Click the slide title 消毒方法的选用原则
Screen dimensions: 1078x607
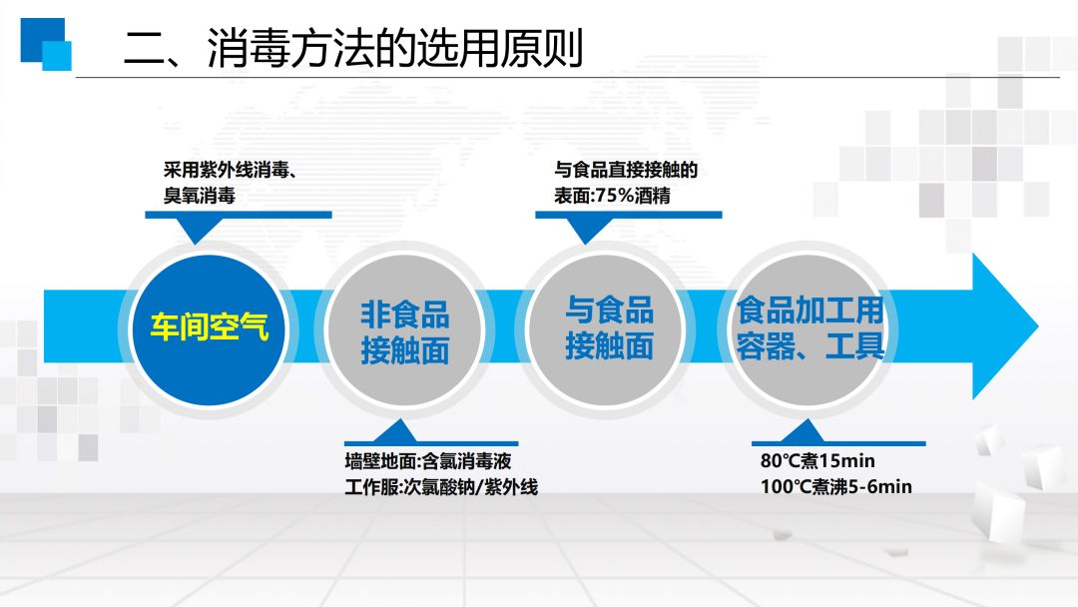click(x=394, y=48)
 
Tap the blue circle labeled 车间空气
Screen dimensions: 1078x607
click(x=209, y=328)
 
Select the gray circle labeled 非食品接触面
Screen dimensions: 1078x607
click(x=404, y=330)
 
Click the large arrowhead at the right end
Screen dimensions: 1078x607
click(x=1004, y=325)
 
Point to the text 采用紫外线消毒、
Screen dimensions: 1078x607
click(x=231, y=170)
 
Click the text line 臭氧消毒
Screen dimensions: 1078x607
click(x=200, y=196)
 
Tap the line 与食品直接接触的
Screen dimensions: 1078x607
click(x=626, y=170)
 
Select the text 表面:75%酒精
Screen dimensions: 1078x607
click(x=612, y=196)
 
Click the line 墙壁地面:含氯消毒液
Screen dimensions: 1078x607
click(x=427, y=460)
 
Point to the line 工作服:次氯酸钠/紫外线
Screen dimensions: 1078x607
click(x=441, y=487)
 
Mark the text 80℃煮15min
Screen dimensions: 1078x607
click(x=817, y=460)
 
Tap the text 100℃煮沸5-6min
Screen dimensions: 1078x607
click(x=836, y=487)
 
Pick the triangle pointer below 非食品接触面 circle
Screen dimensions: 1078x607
click(x=394, y=431)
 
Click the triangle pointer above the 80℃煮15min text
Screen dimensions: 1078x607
click(x=803, y=431)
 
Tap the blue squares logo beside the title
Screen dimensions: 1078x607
click(x=46, y=44)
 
